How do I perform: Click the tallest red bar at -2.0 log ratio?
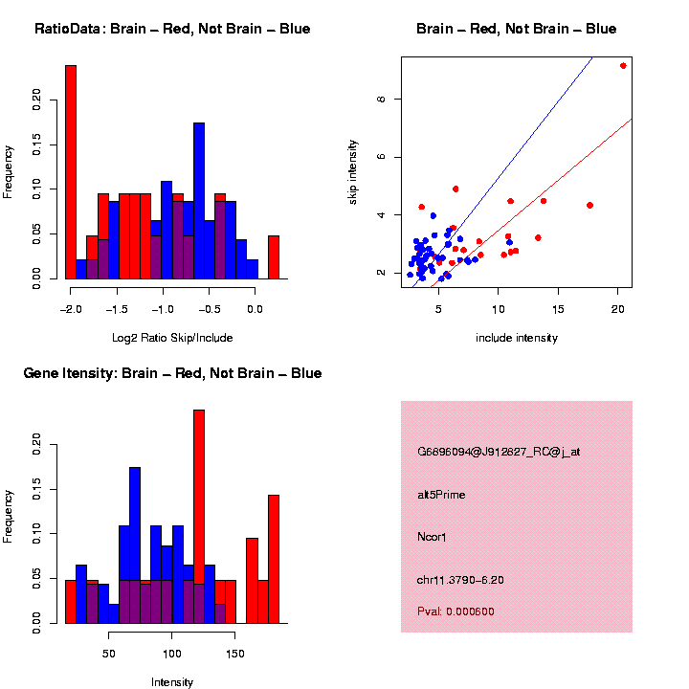point(71,172)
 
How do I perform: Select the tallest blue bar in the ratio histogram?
point(199,201)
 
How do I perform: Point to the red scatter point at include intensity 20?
point(623,66)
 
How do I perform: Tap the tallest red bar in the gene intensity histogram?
point(199,517)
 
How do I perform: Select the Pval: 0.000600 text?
point(456,611)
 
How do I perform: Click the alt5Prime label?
point(441,495)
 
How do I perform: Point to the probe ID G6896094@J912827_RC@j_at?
point(499,452)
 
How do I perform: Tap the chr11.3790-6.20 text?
point(460,580)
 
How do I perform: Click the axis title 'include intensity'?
point(517,338)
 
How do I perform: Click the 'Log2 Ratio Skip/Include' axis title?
point(172,338)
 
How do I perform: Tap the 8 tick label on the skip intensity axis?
point(381,100)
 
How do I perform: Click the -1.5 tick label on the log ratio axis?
point(117,309)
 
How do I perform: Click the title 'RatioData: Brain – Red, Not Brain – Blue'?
point(172,29)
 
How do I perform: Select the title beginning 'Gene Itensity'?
point(172,373)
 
